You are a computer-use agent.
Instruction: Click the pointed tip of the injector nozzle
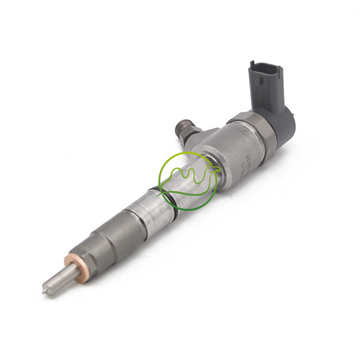45,291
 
